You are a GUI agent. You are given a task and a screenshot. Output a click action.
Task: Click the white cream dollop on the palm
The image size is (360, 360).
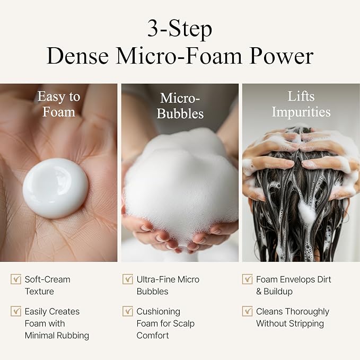tap(55, 188)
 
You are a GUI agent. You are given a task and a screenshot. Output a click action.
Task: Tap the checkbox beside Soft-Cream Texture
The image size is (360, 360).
tap(16, 279)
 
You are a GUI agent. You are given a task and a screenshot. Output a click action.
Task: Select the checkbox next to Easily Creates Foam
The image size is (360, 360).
tap(16, 311)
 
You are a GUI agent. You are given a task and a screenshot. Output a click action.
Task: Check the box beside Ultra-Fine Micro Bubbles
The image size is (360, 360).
tap(128, 279)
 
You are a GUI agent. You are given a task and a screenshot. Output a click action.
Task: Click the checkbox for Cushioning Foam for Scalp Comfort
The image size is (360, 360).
tap(128, 311)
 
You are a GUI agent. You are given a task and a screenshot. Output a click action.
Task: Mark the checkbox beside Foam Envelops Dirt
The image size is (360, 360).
tap(247, 279)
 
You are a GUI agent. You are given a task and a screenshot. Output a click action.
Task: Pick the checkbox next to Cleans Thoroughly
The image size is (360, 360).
tap(247, 311)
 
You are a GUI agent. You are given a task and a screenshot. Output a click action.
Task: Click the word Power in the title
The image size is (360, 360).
tap(282, 56)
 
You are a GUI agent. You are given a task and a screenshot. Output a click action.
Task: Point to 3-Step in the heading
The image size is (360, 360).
tap(180, 29)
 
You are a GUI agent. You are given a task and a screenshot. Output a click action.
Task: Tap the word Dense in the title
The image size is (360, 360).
tap(77, 56)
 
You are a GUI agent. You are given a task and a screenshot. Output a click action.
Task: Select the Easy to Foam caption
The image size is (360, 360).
tap(59, 104)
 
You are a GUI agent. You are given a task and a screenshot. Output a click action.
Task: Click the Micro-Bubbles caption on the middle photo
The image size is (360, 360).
tap(180, 106)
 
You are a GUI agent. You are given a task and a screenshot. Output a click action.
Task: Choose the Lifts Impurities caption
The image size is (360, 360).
tap(301, 104)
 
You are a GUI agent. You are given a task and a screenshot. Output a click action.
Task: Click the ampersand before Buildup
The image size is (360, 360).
tap(259, 292)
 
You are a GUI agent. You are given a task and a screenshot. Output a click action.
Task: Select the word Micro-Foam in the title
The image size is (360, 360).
tap(179, 56)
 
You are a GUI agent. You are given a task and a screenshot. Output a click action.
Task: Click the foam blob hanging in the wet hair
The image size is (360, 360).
tap(307, 212)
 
